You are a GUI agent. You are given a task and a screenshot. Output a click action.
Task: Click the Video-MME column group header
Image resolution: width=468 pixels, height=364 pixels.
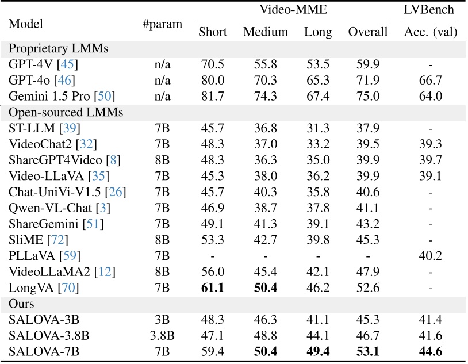291,10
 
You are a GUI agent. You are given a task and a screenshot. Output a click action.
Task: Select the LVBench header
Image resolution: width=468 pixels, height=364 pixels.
430,10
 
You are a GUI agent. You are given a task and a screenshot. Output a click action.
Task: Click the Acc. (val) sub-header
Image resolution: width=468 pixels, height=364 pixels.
430,32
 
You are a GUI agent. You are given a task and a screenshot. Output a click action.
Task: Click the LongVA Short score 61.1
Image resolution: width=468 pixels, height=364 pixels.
213,286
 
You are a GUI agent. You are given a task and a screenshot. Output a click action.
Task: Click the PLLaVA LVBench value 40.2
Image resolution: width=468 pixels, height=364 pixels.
430,255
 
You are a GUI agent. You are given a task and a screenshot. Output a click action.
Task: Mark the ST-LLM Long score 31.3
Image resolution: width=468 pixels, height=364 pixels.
318,127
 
